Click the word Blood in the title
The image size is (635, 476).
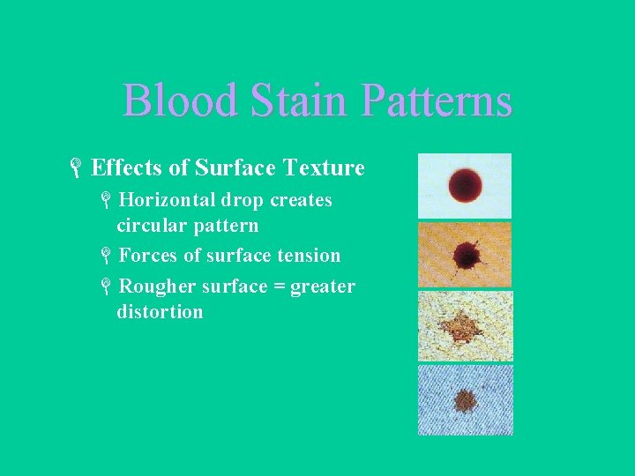tap(180, 100)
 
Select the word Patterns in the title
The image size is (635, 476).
tap(437, 100)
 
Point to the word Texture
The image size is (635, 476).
tap(323, 167)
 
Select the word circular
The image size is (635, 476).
tap(148, 226)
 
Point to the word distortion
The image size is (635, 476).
tap(160, 312)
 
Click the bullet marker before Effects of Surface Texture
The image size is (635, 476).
tap(77, 168)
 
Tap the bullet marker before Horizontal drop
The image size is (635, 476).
tap(105, 201)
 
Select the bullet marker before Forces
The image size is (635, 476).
tap(105, 257)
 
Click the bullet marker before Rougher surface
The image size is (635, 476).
tap(105, 287)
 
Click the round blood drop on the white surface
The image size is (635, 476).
tap(464, 185)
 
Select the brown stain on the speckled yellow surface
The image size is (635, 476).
tap(462, 328)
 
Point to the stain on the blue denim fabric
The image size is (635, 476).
tap(464, 400)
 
